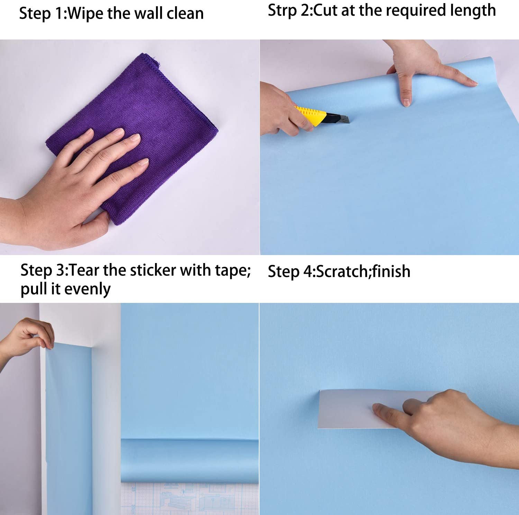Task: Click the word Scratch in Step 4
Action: click(x=342, y=271)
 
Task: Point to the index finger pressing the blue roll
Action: click(x=405, y=87)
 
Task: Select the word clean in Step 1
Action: click(x=185, y=14)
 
